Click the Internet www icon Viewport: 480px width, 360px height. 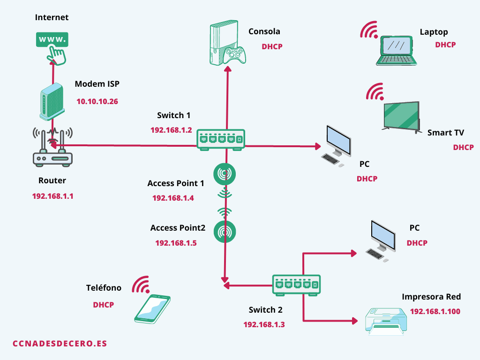click(52, 39)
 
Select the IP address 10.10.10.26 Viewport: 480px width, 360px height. click(97, 101)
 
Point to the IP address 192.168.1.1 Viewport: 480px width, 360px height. click(52, 196)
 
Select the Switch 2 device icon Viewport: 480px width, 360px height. click(297, 285)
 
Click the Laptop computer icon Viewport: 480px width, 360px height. click(397, 51)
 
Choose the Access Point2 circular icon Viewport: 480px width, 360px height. click(225, 232)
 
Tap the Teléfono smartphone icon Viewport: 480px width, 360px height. click(153, 308)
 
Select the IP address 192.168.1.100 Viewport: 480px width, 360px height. click(435, 311)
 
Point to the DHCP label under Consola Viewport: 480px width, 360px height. click(272, 46)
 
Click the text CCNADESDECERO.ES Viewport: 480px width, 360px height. click(60, 344)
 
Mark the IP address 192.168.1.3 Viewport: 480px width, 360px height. click(264, 324)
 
